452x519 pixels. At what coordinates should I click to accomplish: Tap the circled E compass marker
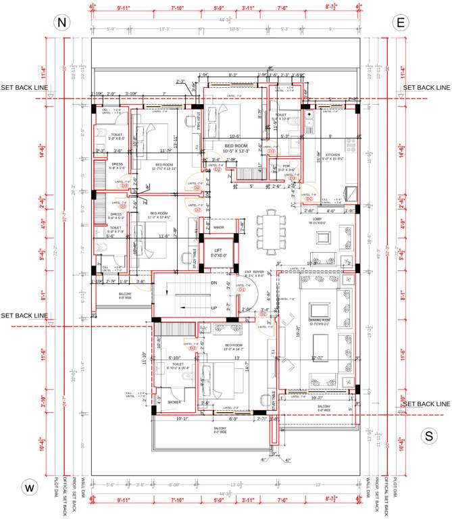click(x=400, y=22)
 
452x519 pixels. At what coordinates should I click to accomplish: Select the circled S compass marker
click(x=428, y=436)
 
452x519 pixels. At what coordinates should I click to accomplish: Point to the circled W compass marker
click(x=30, y=487)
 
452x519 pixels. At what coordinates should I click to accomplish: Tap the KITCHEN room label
click(x=333, y=155)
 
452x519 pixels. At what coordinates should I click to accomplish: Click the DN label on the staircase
click(x=214, y=282)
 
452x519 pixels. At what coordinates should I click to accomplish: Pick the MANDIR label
click(x=218, y=227)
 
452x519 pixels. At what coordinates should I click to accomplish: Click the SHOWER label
click(x=174, y=401)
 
